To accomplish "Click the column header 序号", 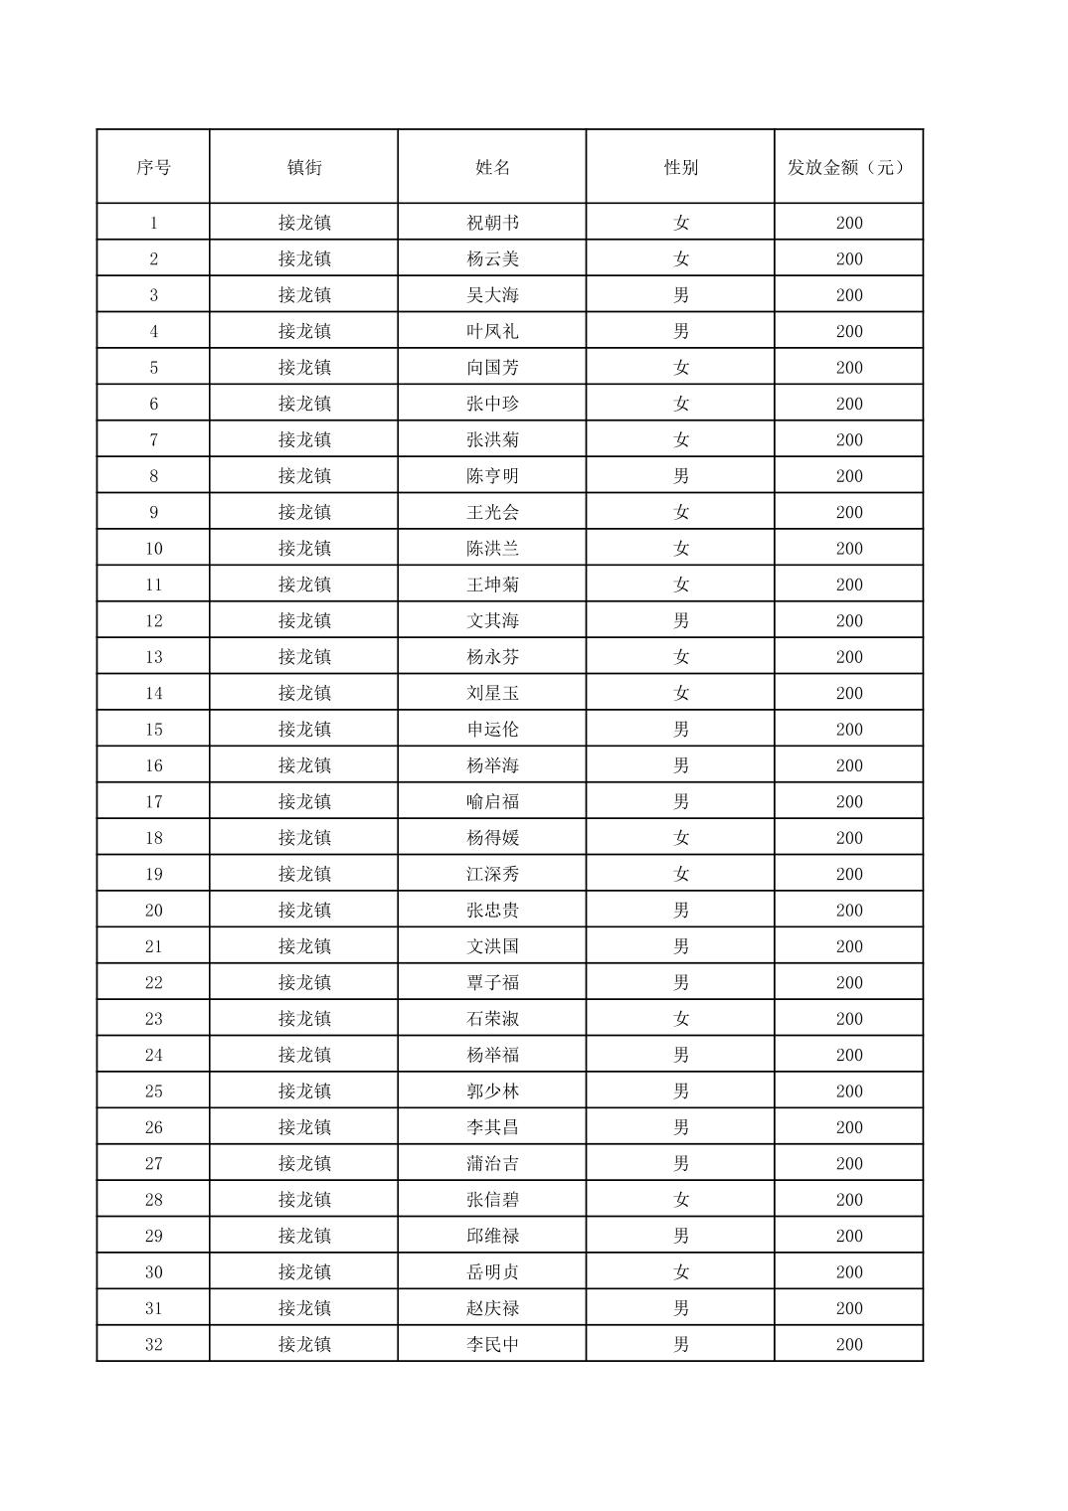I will pos(153,167).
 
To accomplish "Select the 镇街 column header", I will pos(303,167).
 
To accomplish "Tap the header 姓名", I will pos(492,167).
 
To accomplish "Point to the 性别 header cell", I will pos(680,167).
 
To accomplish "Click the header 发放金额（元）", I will pos(848,167).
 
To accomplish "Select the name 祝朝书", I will pos(492,223).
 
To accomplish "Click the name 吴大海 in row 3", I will pos(492,295).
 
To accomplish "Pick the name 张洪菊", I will pos(492,439).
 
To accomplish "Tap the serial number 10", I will pos(153,549).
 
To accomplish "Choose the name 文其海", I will pos(492,620).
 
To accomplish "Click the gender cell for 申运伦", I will pos(680,730).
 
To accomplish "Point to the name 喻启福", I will pos(492,801).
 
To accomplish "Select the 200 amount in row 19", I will pos(848,874).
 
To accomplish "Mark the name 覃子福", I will pos(492,982).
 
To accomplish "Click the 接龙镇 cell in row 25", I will pos(303,1091).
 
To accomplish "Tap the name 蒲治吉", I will pos(492,1163).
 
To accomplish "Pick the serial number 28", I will pos(153,1200).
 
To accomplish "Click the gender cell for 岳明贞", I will pos(680,1272).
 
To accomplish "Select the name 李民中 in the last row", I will pos(492,1344).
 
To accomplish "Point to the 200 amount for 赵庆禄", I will pos(848,1308).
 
